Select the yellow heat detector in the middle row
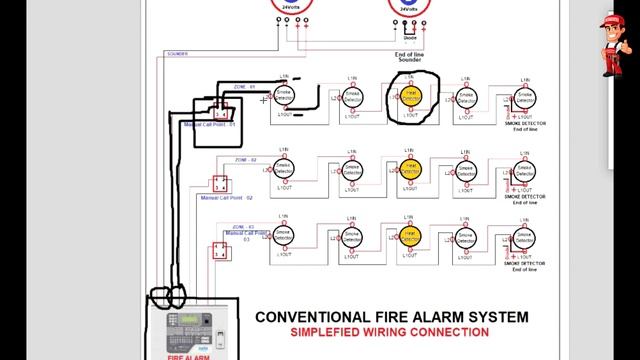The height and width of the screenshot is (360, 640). click(x=410, y=170)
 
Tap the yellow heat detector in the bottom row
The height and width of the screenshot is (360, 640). click(x=410, y=237)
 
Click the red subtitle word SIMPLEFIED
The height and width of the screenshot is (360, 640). click(x=325, y=332)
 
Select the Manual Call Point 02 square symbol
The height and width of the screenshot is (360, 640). click(x=220, y=185)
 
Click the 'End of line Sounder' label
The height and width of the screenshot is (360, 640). click(x=409, y=56)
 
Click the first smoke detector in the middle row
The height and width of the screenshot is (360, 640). click(x=285, y=170)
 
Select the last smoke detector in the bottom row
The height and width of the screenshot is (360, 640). click(x=521, y=238)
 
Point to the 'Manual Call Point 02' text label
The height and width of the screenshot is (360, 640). click(x=225, y=198)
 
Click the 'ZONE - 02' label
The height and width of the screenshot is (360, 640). click(x=246, y=160)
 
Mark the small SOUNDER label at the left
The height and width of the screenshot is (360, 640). click(x=177, y=54)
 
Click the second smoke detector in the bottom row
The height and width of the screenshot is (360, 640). click(x=351, y=237)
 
